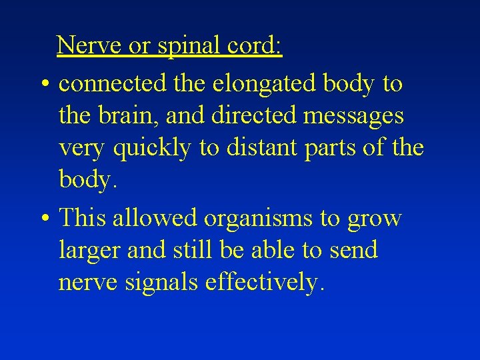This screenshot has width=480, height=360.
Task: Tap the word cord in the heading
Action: (x=257, y=45)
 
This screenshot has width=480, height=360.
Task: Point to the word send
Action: (x=354, y=250)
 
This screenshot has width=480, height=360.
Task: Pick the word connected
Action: (x=113, y=84)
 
